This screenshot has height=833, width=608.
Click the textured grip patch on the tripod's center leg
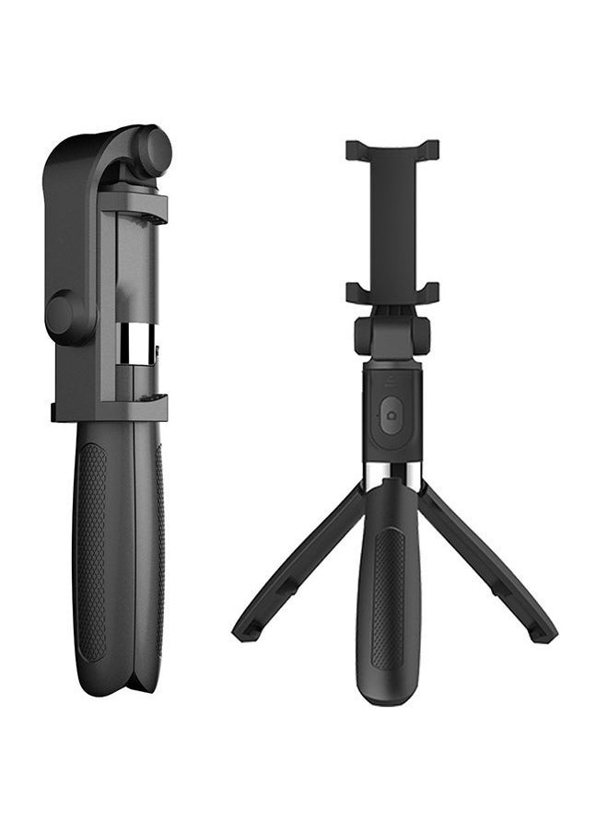click(x=389, y=599)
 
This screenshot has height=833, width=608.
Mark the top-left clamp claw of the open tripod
click(x=356, y=149)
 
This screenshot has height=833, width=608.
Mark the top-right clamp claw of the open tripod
click(x=429, y=149)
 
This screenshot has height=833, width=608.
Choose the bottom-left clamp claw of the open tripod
click(x=356, y=293)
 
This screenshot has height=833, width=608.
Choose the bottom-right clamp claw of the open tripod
click(x=429, y=293)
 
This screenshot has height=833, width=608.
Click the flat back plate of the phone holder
click(x=392, y=221)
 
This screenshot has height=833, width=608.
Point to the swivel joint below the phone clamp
click(x=392, y=335)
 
